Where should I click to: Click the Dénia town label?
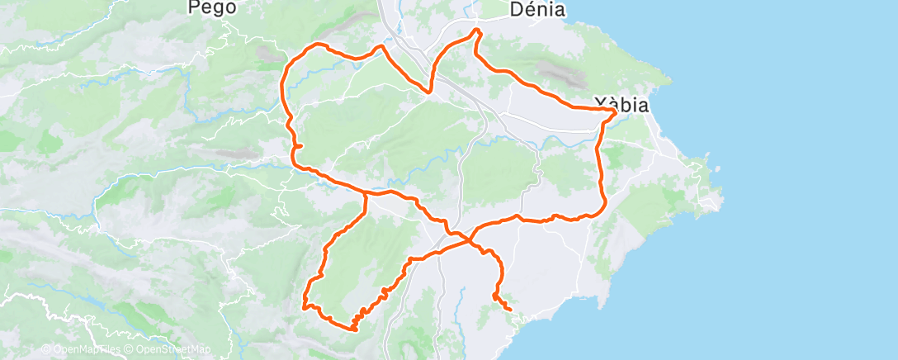coord(537,10)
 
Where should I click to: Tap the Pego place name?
coord(213,7)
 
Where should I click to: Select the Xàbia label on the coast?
coord(621,106)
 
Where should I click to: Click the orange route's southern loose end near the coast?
coord(511,310)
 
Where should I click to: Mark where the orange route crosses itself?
coord(470,239)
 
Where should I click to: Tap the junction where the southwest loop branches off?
coord(366,195)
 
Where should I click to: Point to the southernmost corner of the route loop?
coord(353,329)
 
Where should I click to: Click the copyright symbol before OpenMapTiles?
coord(46,350)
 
